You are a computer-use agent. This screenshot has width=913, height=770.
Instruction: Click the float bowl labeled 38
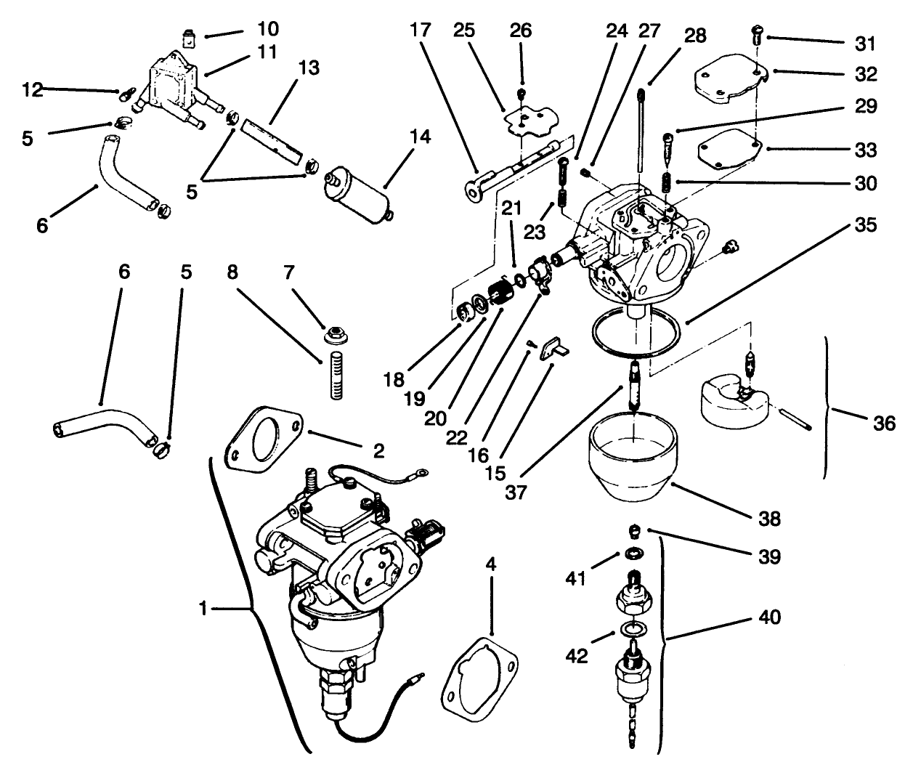[634, 461]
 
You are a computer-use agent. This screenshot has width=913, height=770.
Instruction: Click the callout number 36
[885, 423]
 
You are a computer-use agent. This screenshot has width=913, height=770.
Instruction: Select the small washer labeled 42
[633, 627]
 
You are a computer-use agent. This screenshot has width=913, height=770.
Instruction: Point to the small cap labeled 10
[190, 35]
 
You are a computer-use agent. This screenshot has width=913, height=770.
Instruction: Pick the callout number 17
[420, 31]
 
